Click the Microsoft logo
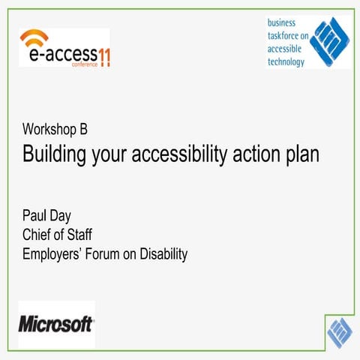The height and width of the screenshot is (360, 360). click(55, 324)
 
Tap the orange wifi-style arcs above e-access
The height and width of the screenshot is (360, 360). click(34, 38)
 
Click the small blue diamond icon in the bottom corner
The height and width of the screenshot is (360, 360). click(340, 330)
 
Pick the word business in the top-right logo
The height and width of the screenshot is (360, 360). click(284, 22)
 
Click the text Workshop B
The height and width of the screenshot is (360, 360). click(55, 129)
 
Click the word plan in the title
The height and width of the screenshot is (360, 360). click(301, 154)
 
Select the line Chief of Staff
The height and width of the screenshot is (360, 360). click(57, 235)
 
